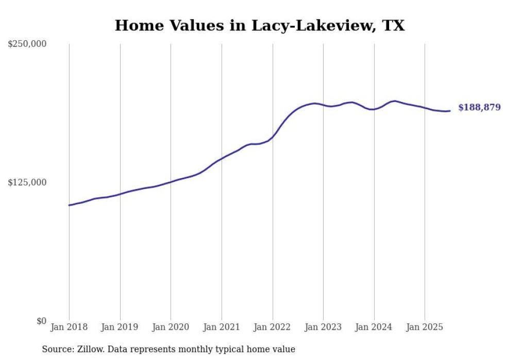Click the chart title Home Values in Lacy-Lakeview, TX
click(x=260, y=25)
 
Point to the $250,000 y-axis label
click(x=27, y=44)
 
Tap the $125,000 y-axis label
click(x=27, y=183)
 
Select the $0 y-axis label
click(x=41, y=321)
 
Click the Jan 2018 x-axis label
click(x=69, y=327)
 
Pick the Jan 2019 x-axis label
click(x=120, y=327)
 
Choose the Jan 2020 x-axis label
click(x=171, y=327)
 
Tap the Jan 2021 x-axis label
click(x=222, y=327)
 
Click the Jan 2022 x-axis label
click(x=273, y=327)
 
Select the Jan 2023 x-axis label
click(x=323, y=327)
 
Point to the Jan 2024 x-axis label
click(x=374, y=327)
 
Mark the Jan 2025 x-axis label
click(x=425, y=327)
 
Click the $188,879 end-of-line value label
click(x=479, y=108)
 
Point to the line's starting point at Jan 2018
click(x=69, y=205)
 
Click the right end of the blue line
click(x=450, y=111)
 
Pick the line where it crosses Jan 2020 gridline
click(x=171, y=182)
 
